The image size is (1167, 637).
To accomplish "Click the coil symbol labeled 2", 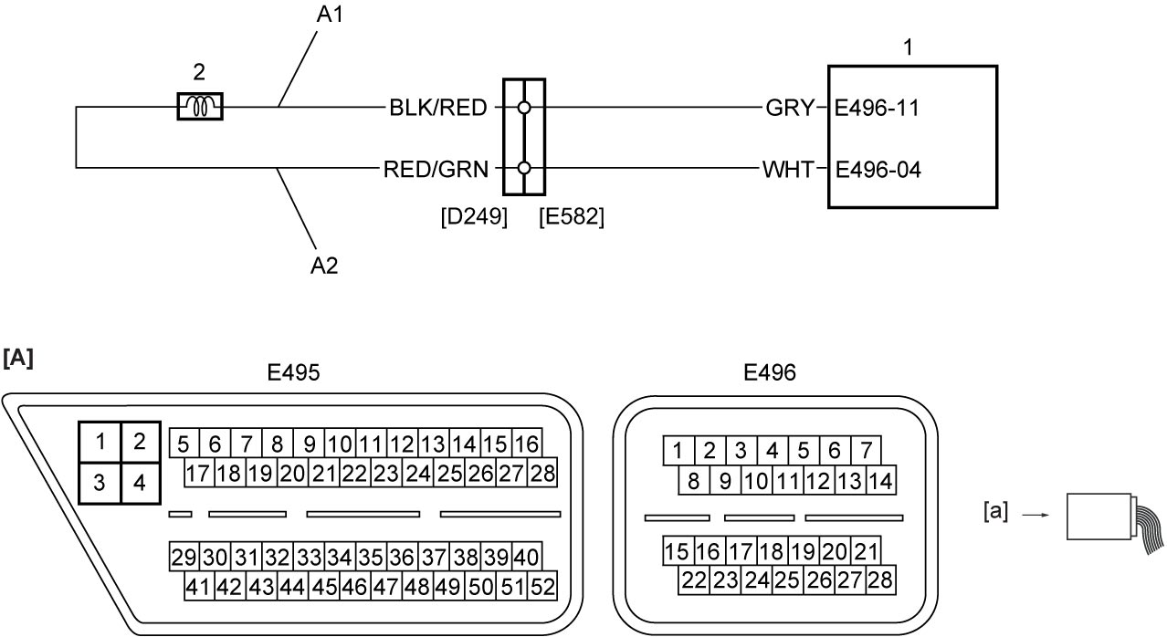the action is [200, 106].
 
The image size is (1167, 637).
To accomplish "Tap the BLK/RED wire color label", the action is [438, 108].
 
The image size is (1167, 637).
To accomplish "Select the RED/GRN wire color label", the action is [436, 169].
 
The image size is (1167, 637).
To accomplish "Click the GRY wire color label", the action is [790, 108].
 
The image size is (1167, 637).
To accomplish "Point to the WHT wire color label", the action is [788, 169].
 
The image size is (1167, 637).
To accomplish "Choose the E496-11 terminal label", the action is [878, 108].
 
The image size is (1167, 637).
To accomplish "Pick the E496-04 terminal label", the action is [878, 169].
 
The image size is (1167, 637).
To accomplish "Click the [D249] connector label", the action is [474, 216].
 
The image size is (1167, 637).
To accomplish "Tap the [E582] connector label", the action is [572, 216].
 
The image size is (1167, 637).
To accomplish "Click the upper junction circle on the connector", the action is [524, 108].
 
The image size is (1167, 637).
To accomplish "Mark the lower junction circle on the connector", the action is [524, 168].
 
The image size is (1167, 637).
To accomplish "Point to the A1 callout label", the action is [330, 15].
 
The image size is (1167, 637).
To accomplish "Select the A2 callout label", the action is [324, 266].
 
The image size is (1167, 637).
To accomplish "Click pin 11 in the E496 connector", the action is [788, 481].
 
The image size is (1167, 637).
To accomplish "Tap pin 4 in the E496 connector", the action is [773, 451].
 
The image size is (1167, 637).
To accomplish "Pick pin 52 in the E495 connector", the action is [542, 587].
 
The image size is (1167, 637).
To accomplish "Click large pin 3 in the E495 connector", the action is [100, 483].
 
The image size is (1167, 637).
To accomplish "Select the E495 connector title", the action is [293, 372].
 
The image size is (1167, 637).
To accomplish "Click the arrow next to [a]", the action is [1036, 515].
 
